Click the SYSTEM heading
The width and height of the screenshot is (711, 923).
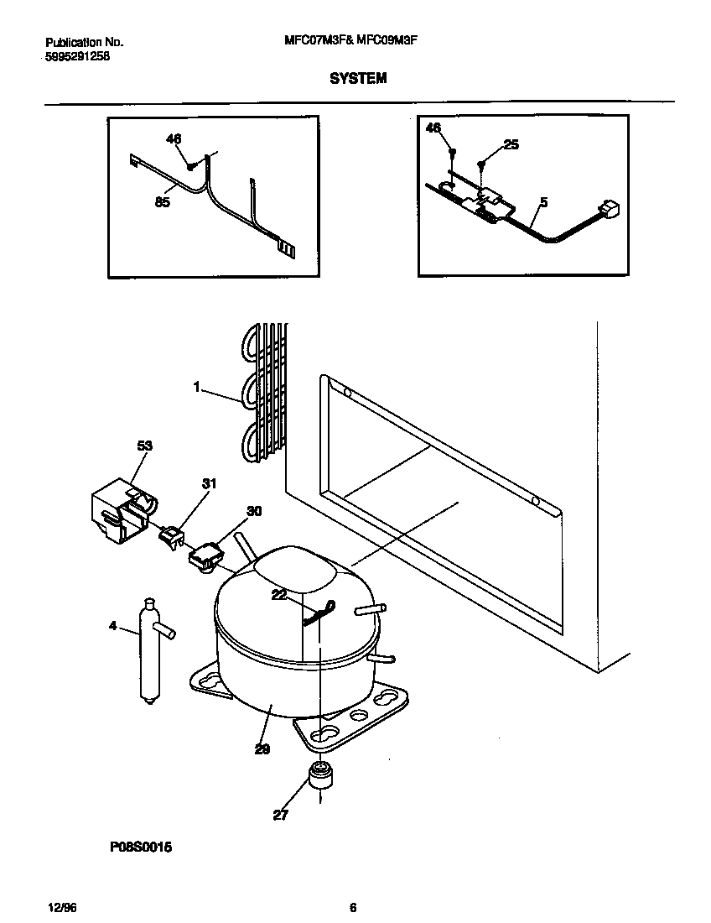coord(358,78)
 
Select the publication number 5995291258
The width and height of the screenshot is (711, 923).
coord(76,56)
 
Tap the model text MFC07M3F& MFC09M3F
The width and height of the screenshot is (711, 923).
coord(358,40)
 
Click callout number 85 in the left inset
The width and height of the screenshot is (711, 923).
coord(163,202)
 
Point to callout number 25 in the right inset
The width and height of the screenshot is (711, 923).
coord(511,144)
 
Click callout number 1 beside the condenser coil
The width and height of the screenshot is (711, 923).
coord(196,388)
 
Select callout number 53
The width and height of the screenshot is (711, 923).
coord(145,446)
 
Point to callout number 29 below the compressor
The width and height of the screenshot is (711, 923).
coord(262,749)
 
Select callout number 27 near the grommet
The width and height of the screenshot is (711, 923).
coord(280,814)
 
